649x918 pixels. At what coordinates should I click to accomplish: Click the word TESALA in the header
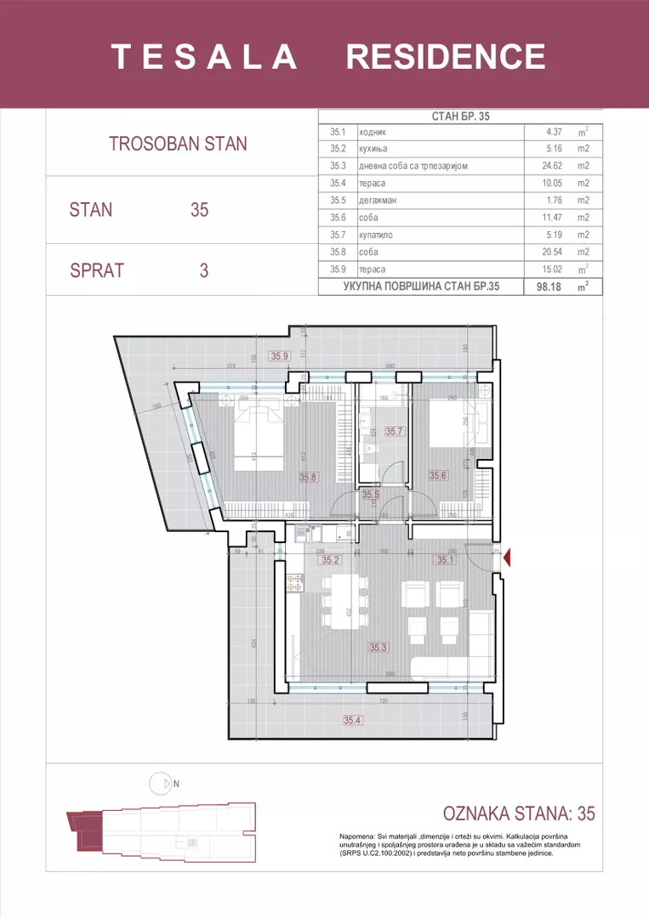pos(204,57)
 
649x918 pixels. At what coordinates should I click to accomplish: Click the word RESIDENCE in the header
pos(446,57)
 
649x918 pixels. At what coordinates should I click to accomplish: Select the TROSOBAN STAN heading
pos(178,144)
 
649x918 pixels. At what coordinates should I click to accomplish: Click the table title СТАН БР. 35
pos(459,118)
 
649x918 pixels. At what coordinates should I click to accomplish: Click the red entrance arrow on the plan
pos(507,558)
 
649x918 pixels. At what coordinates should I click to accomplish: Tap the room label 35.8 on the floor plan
pos(308,478)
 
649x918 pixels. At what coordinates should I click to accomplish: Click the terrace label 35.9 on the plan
pos(279,357)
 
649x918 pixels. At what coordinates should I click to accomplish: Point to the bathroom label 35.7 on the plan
pos(393,432)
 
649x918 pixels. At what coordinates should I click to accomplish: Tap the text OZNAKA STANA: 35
pos(519,813)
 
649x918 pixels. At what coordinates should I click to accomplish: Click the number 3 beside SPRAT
pos(203,270)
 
